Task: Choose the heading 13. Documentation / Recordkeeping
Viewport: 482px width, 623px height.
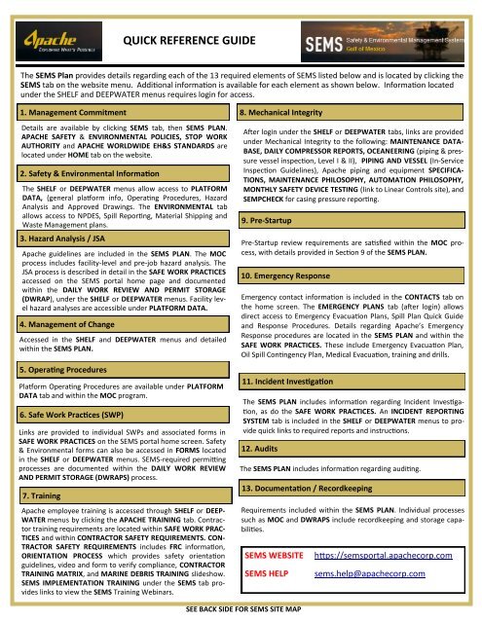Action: pos(332,487)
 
